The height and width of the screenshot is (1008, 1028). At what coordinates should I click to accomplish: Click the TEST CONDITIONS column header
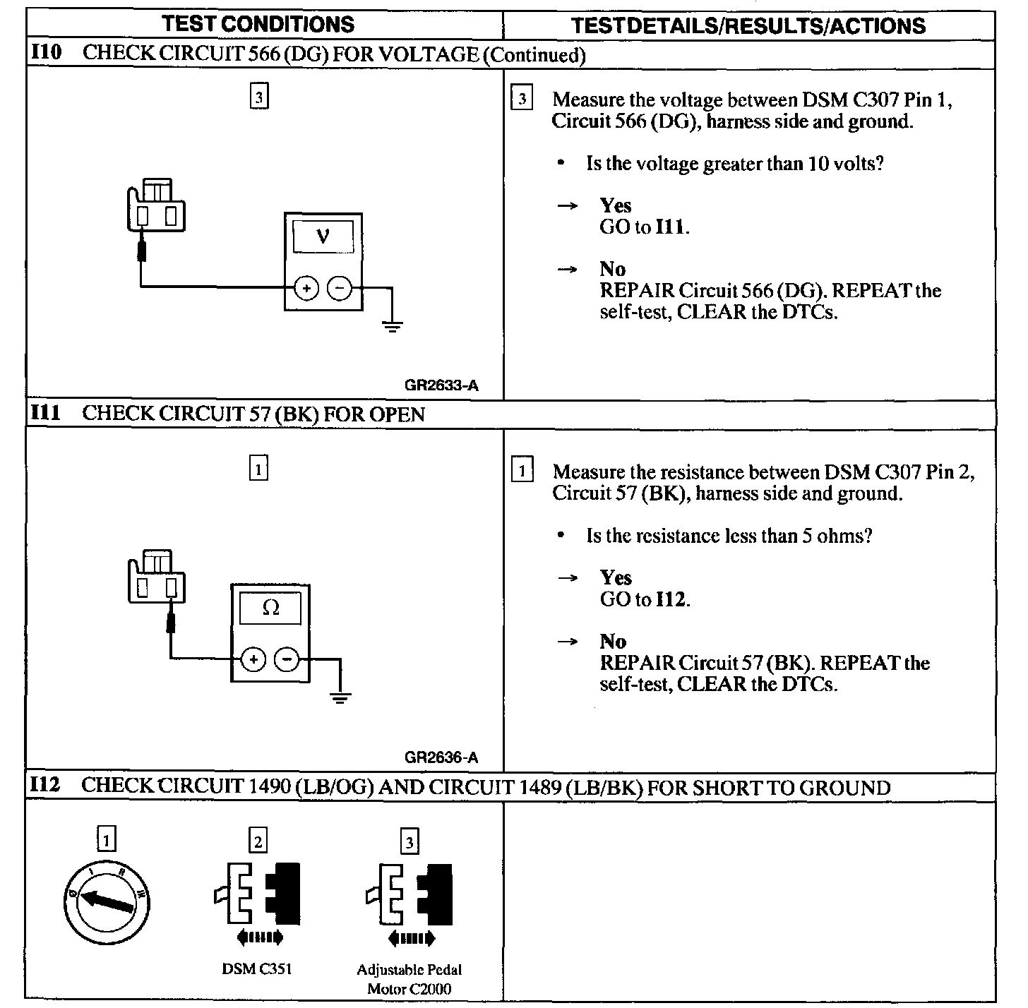pos(258,24)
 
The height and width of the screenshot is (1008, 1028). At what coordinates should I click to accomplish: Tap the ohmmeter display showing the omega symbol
pos(270,608)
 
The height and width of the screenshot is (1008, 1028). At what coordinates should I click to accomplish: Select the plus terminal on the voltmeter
pos(306,289)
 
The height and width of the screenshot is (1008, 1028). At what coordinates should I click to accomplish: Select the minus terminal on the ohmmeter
pos(287,660)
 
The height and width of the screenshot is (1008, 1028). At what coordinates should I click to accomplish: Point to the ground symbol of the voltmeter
pos(393,326)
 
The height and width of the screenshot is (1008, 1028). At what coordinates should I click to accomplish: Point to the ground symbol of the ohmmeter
pos(340,698)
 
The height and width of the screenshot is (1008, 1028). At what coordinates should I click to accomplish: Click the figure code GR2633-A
pos(441,385)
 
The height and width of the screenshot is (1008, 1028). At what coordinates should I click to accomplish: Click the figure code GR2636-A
pos(441,757)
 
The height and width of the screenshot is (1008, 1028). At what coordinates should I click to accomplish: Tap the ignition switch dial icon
pos(107,904)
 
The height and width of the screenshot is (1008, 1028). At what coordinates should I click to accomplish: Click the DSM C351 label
pos(257,968)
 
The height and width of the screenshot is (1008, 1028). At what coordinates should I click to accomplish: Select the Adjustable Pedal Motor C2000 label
pos(410,978)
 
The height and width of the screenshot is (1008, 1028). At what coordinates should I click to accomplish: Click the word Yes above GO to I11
pos(615,205)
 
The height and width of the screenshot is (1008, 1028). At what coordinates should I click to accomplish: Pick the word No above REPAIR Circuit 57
pos(613,641)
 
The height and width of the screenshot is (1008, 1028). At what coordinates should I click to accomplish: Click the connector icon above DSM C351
pos(258,893)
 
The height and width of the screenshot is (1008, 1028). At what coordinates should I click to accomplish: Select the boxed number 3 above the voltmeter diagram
pos(259,97)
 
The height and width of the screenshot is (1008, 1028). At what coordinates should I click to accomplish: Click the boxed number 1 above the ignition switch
pos(107,840)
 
